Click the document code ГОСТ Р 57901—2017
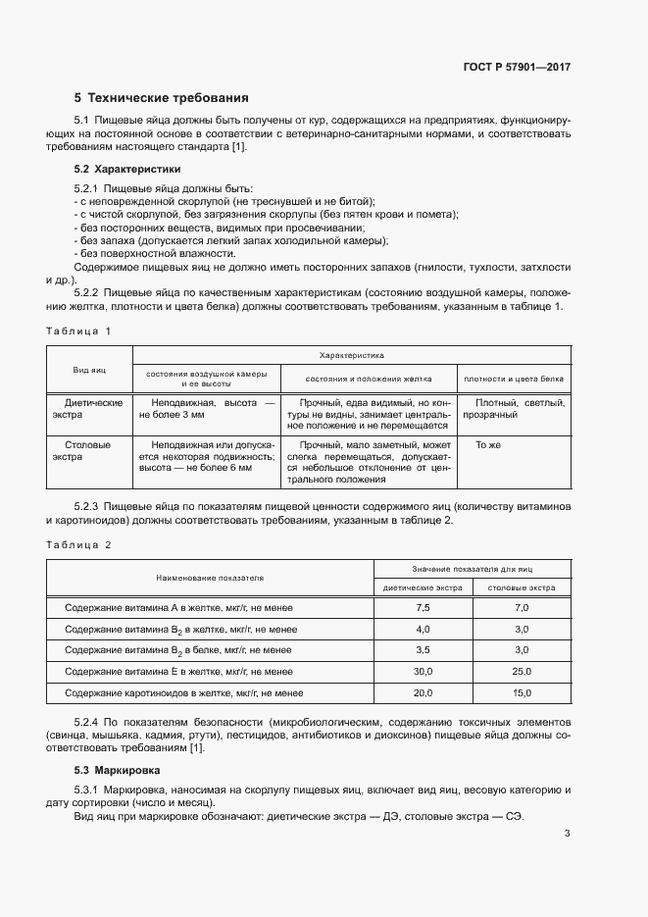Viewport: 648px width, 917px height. point(517,68)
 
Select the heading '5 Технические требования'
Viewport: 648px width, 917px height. point(162,98)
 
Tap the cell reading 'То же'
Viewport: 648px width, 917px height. point(487,444)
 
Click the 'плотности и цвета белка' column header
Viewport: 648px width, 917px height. point(514,377)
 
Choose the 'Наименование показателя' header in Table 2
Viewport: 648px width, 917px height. point(210,579)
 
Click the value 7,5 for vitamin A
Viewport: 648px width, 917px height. point(423,609)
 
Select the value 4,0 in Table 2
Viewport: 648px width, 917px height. point(423,630)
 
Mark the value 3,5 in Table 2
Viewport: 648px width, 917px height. point(423,650)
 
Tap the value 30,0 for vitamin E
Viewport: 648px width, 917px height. point(423,671)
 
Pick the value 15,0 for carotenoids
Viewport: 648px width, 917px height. point(522,692)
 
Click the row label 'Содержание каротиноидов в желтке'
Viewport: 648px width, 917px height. point(178,692)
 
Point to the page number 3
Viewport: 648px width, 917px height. point(567,835)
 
